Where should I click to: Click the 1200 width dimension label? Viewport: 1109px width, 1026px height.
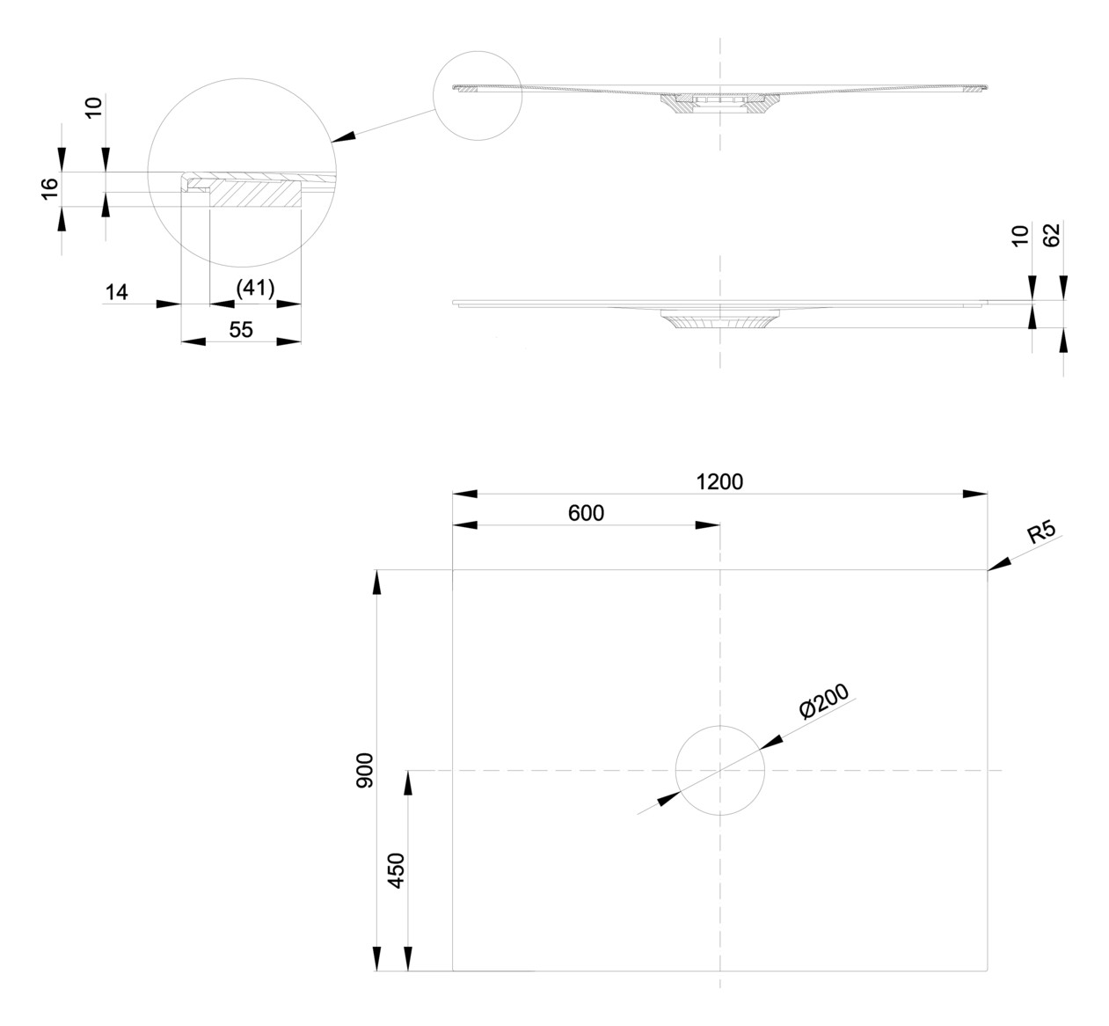(719, 481)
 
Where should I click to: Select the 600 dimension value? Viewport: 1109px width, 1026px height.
(586, 513)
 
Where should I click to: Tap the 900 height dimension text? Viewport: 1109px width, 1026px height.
(365, 771)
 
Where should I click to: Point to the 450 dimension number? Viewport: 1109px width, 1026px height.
(396, 870)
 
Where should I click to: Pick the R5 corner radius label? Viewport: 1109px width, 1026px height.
(1042, 531)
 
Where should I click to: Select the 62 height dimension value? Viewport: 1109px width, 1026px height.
(1052, 235)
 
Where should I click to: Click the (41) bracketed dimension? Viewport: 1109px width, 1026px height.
(255, 289)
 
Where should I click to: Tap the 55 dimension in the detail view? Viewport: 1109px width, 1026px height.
(241, 330)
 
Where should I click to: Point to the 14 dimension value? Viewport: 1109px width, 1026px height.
(117, 292)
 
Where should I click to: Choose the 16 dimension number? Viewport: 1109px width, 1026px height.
(50, 188)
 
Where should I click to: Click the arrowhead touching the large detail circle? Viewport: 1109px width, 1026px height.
(343, 137)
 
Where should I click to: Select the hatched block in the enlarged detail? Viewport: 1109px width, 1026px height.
(255, 194)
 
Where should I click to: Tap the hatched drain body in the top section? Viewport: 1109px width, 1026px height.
(719, 105)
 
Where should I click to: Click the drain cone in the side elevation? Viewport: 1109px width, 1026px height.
(719, 319)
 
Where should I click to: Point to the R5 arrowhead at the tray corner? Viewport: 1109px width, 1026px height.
(998, 564)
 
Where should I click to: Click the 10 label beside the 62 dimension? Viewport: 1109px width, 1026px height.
(1020, 236)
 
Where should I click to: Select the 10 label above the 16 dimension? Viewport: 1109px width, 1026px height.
(95, 106)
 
